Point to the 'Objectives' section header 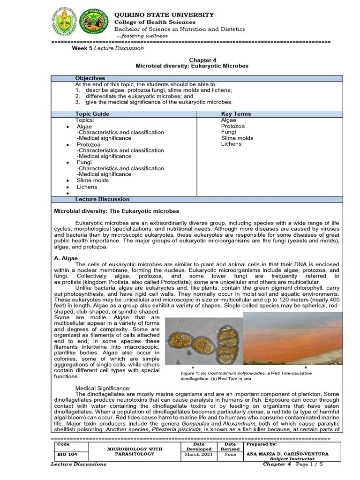pyautogui.click(x=90, y=78)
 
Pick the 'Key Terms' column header pyautogui.click(x=236, y=114)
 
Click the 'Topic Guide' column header pyautogui.click(x=92, y=114)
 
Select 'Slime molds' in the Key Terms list pyautogui.click(x=237, y=138)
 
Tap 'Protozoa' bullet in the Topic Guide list pyautogui.click(x=89, y=144)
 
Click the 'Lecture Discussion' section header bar pyautogui.click(x=99, y=199)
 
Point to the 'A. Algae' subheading pyautogui.click(x=66, y=258)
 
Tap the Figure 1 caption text pyautogui.click(x=239, y=375)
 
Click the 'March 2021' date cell pyautogui.click(x=199, y=454)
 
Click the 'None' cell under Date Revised pyautogui.click(x=230, y=454)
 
